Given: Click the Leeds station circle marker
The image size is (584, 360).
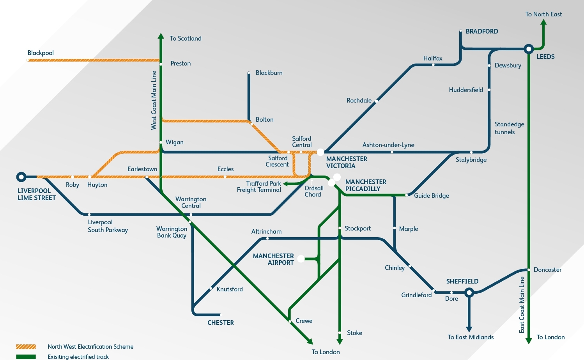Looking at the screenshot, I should tap(529, 49).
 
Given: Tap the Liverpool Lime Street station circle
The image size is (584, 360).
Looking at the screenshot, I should tap(21, 177).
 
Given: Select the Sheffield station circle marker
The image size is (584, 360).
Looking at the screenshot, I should tap(469, 292).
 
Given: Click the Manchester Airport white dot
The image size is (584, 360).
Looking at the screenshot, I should tap(301, 259).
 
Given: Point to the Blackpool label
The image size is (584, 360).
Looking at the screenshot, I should tap(41, 53).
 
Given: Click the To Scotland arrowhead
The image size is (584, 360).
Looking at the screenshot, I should tap(161, 36).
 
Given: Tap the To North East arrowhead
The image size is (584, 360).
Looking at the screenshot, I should tap(543, 22).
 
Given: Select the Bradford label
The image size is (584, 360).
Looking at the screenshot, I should tap(482, 32).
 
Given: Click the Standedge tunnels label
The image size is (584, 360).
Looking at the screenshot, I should tap(509, 128).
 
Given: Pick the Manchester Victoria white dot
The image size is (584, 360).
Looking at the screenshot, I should tap(320, 152).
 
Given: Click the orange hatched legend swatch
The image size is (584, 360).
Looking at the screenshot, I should tap(26, 347).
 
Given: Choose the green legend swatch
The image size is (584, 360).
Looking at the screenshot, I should tap(26, 356).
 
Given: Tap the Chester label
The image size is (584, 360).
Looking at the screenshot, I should tap(221, 323).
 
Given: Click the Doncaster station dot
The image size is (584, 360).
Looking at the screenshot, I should tap(529, 270).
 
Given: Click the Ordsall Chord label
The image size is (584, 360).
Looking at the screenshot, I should tap(314, 191).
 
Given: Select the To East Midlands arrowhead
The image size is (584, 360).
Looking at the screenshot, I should tap(469, 329).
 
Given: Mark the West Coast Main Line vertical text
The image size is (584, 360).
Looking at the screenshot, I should tap(154, 100).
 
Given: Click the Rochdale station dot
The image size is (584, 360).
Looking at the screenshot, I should tap(376, 101).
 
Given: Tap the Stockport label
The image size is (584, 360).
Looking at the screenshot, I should tap(357, 229).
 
